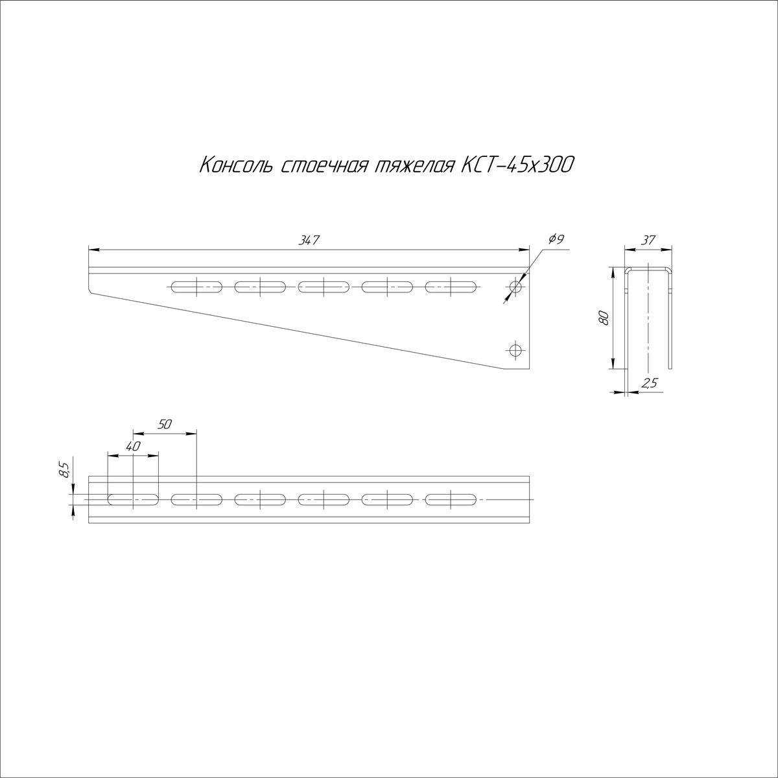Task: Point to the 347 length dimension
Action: pos(309,240)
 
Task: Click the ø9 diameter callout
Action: pos(556,239)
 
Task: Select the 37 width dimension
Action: pos(648,241)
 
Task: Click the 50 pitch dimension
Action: pos(165,424)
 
